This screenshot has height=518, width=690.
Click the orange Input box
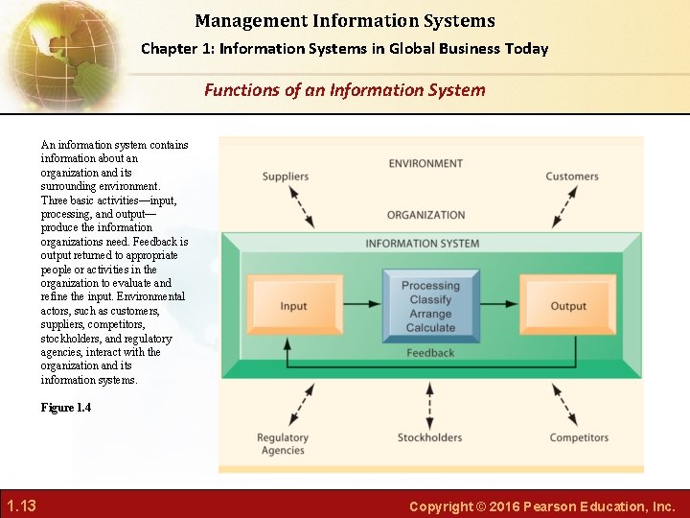293,306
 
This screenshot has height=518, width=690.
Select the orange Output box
568,306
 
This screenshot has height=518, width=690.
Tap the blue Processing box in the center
430,306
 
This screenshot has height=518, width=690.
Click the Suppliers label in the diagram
286,177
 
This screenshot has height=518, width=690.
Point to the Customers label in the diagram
572,177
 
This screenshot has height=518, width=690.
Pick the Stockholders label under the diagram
429,438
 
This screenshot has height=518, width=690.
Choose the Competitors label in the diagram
579,438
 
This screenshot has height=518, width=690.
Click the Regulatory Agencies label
282,444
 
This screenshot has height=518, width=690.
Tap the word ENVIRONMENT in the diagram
426,163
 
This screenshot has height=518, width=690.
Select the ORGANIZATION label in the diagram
426,215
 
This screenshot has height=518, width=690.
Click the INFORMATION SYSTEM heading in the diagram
423,244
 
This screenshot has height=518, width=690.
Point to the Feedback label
430,353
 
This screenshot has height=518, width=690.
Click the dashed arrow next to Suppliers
303,204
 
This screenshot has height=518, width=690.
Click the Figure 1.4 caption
66,408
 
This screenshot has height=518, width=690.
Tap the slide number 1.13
21,506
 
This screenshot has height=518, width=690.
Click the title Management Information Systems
345,20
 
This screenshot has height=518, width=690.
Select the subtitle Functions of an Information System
345,90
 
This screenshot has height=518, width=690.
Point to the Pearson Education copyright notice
542,506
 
